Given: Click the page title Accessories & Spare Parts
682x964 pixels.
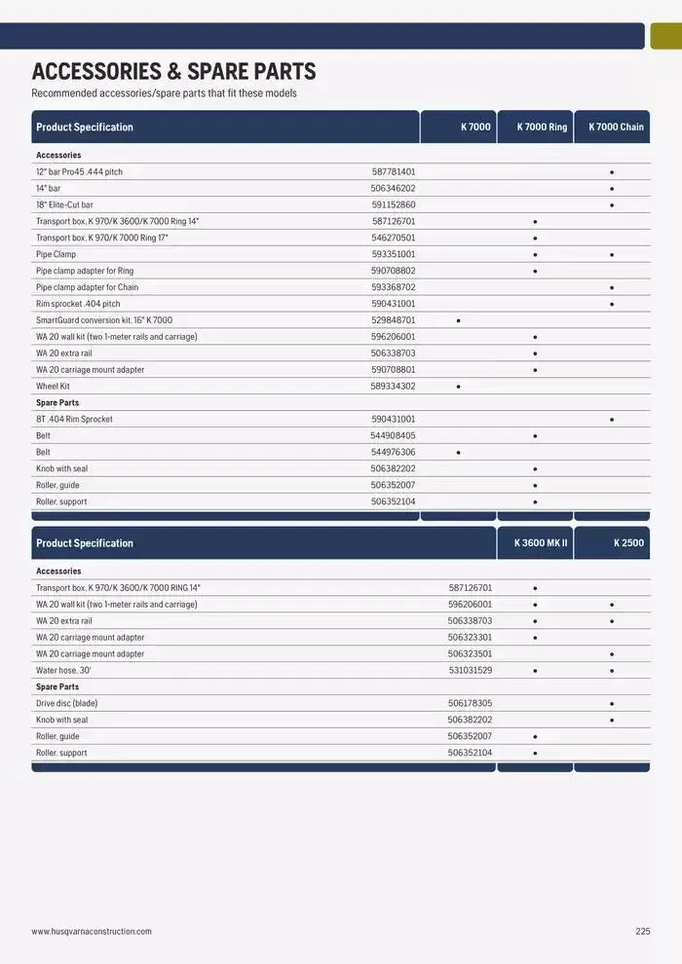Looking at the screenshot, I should click(173, 71).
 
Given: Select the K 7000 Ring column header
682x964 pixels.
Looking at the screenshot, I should click(542, 127).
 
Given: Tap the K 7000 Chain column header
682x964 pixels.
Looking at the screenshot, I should click(616, 127).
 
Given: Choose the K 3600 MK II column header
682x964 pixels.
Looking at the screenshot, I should click(541, 542).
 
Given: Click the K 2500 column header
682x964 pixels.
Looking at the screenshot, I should click(628, 542).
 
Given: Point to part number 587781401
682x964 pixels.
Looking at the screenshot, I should click(394, 171).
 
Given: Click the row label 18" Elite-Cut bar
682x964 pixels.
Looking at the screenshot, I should click(65, 204).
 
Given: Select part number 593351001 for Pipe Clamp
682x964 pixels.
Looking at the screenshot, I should click(394, 254).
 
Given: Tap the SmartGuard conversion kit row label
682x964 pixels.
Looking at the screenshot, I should click(104, 319).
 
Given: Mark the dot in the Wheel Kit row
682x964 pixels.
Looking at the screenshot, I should click(458, 387).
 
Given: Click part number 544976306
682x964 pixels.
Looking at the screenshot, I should click(393, 452).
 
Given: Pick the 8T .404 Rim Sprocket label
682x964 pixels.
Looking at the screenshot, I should click(74, 419).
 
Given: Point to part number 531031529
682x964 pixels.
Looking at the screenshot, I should click(470, 670).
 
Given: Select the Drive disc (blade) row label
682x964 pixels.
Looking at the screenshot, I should click(67, 703).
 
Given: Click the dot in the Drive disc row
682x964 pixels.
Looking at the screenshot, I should click(612, 703).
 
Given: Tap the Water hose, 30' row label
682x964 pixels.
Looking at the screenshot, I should click(63, 670).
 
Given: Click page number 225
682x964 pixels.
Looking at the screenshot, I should click(642, 931).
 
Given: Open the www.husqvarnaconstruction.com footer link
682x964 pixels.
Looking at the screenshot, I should click(92, 931).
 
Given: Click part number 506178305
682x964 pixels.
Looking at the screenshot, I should click(470, 703).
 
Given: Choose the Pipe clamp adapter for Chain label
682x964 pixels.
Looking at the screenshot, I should click(88, 287).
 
